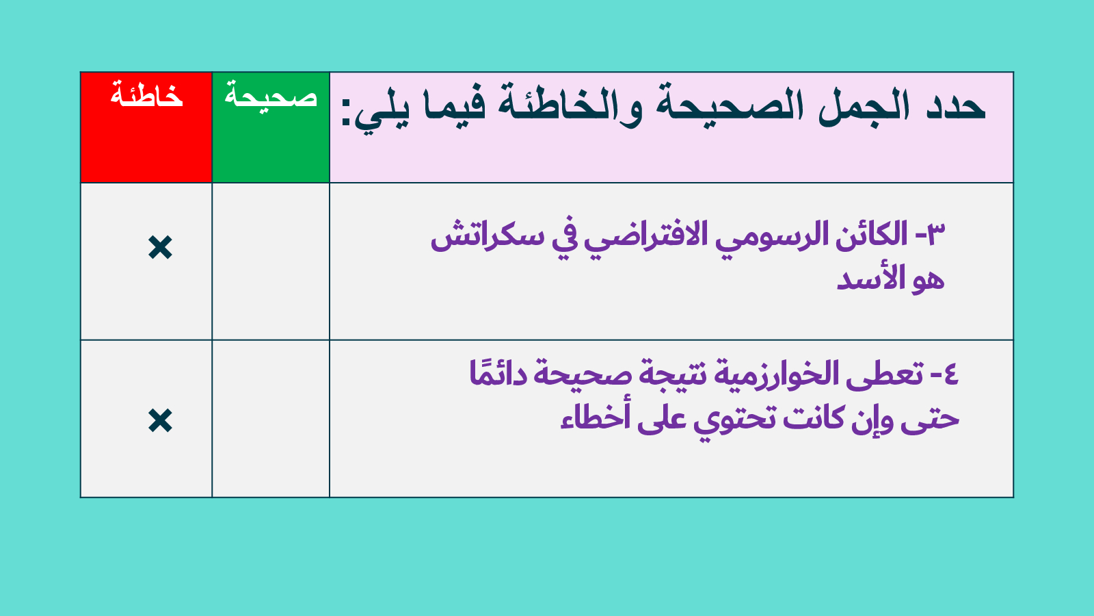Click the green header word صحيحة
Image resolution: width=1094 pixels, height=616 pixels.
pyautogui.click(x=271, y=95)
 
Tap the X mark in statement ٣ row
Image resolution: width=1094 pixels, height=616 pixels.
pyautogui.click(x=160, y=247)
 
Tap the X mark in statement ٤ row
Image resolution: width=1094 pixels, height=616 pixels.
pyautogui.click(x=160, y=420)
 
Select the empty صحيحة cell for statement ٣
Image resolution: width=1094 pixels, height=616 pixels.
pyautogui.click(x=271, y=261)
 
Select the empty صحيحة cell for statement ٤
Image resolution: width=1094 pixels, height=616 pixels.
pyautogui.click(x=271, y=418)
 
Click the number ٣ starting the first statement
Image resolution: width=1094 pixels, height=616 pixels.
pyautogui.click(x=935, y=234)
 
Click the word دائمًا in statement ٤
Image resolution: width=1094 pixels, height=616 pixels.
pyautogui.click(x=498, y=373)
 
